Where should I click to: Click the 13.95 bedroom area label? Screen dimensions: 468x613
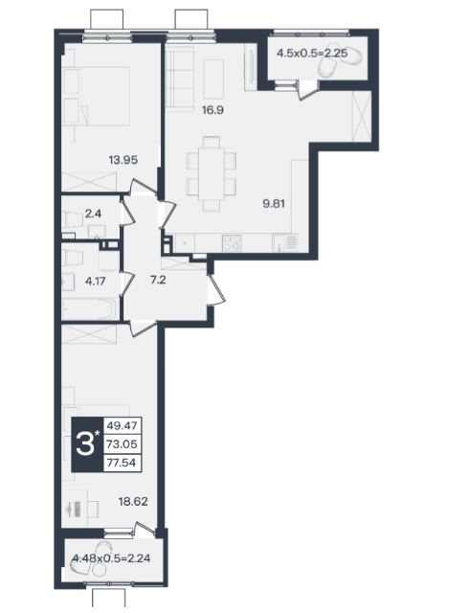[123, 160]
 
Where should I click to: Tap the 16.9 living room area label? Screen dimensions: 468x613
[212, 110]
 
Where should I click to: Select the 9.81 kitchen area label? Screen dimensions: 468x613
[274, 204]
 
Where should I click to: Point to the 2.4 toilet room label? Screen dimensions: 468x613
[93, 214]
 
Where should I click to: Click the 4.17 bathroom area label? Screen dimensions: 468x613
[96, 281]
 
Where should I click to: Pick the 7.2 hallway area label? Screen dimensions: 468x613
[158, 280]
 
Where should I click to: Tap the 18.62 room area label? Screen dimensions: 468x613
[133, 501]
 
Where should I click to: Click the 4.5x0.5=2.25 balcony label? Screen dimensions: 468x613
[312, 53]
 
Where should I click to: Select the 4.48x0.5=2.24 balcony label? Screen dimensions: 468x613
[111, 558]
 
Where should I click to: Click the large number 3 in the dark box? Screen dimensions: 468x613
[85, 444]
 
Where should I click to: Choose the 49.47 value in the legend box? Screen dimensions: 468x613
[122, 425]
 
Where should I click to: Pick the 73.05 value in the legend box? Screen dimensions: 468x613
[122, 444]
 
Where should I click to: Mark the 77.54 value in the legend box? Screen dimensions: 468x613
[122, 463]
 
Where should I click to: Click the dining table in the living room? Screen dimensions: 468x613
[212, 173]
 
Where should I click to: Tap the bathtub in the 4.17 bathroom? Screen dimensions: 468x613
[89, 308]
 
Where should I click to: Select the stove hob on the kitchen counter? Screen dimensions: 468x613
[232, 242]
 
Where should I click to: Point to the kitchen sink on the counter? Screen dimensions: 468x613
[280, 242]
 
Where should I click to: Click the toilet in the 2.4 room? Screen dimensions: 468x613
[73, 219]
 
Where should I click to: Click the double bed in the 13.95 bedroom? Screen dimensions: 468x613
[96, 96]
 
